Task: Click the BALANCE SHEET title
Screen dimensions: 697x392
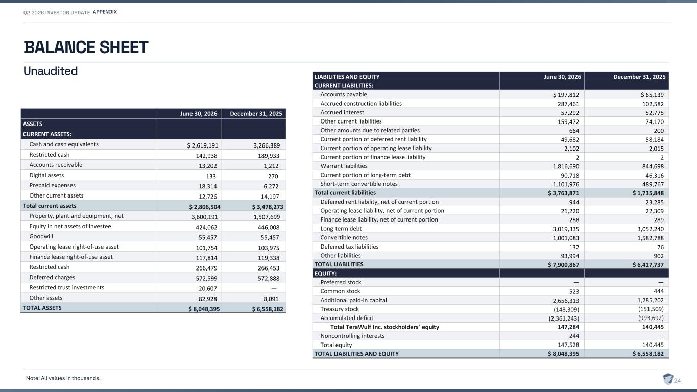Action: coord(86,47)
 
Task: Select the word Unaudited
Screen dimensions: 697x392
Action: coord(51,71)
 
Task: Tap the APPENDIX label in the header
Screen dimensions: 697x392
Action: coord(105,12)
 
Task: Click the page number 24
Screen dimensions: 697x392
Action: coord(677,380)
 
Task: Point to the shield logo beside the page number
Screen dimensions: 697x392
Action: coord(668,379)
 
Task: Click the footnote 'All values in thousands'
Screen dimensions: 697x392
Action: coord(63,378)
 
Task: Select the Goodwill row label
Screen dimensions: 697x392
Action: coord(41,236)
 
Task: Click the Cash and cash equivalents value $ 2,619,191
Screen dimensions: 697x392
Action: coord(203,145)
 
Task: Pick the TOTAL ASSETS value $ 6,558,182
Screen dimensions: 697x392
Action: coord(268,309)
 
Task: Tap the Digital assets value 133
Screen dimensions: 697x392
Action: coord(211,176)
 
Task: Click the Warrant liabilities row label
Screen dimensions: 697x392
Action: coord(344,166)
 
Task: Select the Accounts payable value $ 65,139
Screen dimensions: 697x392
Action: coord(652,95)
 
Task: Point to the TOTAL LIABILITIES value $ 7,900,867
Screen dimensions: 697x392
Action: coord(564,265)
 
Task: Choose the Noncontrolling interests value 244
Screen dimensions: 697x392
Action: coord(574,336)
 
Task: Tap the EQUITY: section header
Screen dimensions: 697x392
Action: coord(325,274)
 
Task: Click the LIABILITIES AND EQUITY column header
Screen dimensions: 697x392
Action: coord(347,77)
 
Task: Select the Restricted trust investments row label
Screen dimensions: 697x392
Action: coord(66,287)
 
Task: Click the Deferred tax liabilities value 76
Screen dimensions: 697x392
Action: coord(660,247)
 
